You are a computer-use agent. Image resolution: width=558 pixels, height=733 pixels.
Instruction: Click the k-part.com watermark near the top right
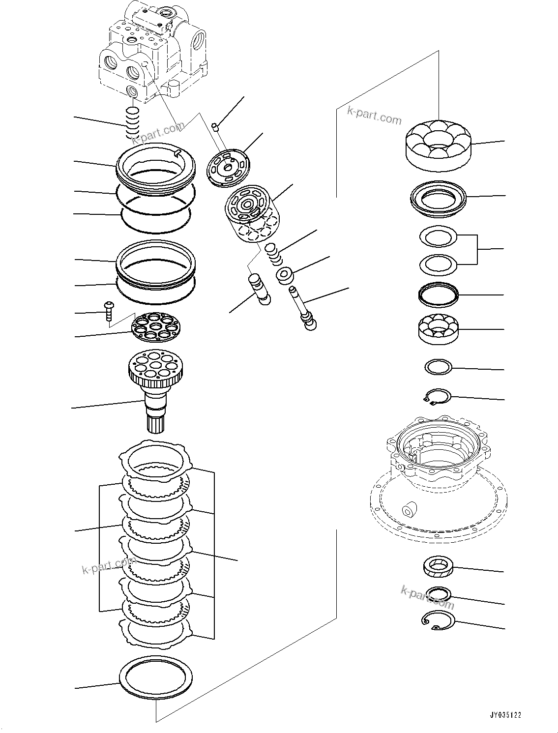point(374,116)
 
